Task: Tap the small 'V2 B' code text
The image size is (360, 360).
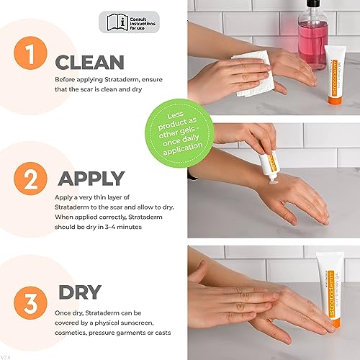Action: (7, 354)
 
